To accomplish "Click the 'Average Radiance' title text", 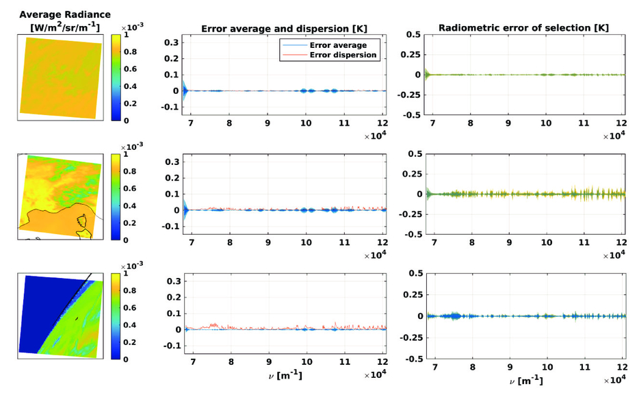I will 65,14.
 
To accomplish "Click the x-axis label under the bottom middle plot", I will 288,376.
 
